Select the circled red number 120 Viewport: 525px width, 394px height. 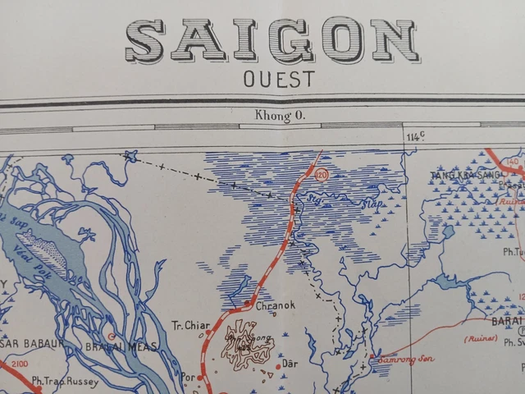coord(321,175)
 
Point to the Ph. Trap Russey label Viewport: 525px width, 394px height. coord(65,381)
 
